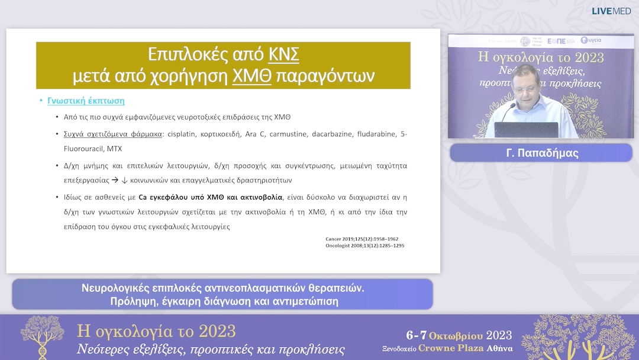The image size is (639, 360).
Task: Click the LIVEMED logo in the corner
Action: point(611,11)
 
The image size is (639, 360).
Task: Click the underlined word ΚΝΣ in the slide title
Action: point(283,54)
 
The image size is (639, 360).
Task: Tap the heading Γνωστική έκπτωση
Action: point(86,101)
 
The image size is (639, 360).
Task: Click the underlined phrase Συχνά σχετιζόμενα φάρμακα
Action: point(113,134)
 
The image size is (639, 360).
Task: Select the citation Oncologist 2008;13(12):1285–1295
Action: point(364,246)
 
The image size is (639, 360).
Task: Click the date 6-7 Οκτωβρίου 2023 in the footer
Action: point(459,335)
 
